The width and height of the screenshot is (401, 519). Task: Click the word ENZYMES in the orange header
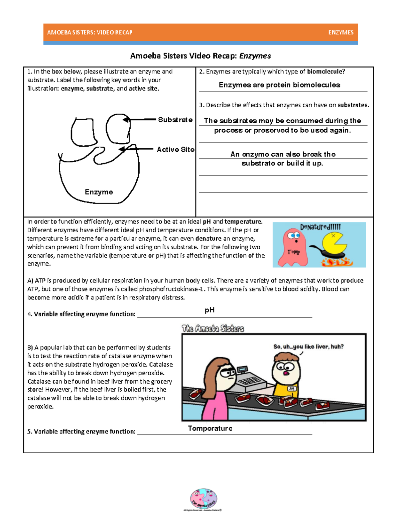pos(341,32)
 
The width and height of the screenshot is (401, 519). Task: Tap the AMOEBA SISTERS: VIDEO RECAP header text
pos(90,32)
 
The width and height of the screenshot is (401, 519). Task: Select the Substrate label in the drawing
pos(175,120)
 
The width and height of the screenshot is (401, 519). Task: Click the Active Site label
pos(175,149)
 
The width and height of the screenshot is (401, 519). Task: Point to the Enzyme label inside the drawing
pos(99,192)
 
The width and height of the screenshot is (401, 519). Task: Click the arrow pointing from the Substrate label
pos(140,119)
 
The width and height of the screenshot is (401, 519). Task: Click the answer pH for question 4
pos(210,310)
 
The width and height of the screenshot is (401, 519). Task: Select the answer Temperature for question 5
pos(210,428)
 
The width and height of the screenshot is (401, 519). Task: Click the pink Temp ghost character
pos(293,247)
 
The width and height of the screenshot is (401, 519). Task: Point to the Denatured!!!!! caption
pos(320,227)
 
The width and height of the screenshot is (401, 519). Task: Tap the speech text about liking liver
pos(308,347)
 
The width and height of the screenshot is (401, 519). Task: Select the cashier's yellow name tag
pos(292,389)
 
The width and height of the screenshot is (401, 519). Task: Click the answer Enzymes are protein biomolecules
pos(279,85)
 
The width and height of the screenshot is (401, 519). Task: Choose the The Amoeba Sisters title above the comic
pos(213,329)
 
